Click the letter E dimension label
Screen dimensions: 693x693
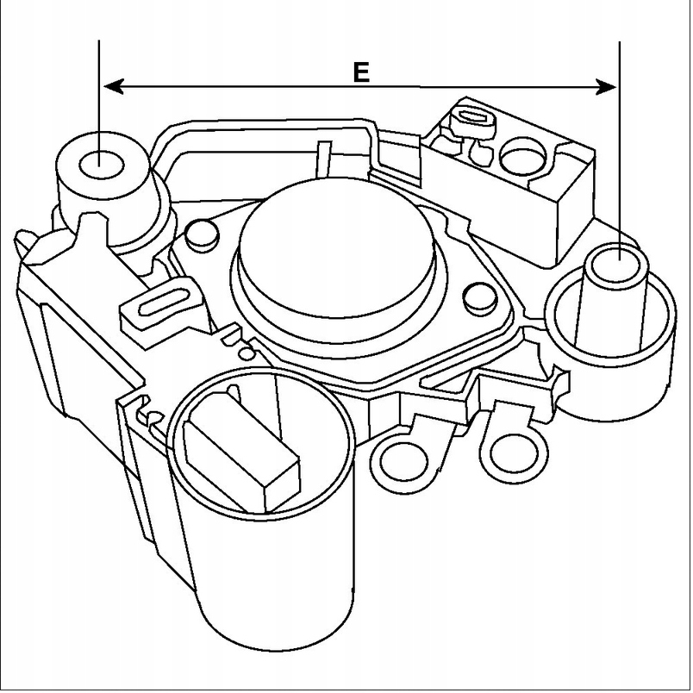(360, 72)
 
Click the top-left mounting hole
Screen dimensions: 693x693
(100, 163)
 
